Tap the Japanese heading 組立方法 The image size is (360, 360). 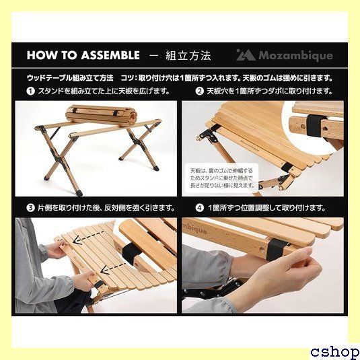point(188,56)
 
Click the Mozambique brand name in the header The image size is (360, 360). point(295,56)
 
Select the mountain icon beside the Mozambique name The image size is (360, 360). point(246,55)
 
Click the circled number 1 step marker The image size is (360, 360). point(30,92)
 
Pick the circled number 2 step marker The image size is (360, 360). point(200,92)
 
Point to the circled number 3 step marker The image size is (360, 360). point(30,208)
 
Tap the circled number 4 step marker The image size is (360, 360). point(200,208)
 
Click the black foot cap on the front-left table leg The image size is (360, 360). point(79,192)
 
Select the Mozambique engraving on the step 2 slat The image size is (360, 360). point(250,145)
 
